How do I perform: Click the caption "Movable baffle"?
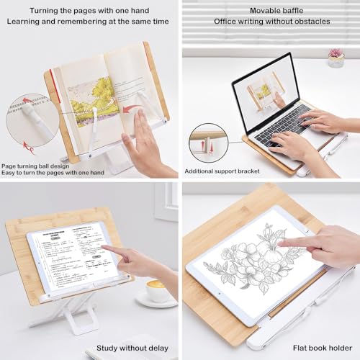pos(271,10)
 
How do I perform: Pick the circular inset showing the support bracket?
pos(209,143)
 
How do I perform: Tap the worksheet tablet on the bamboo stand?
pos(79,259)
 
